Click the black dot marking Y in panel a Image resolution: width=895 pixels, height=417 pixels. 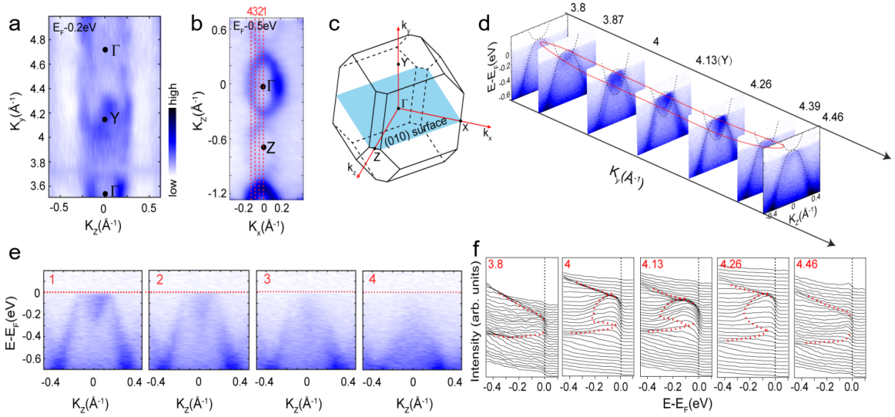pos(105,119)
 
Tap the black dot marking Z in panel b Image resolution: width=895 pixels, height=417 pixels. pos(263,146)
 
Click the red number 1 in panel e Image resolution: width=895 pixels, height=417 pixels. pos(50,279)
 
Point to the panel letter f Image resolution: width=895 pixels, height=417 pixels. pos(478,251)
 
